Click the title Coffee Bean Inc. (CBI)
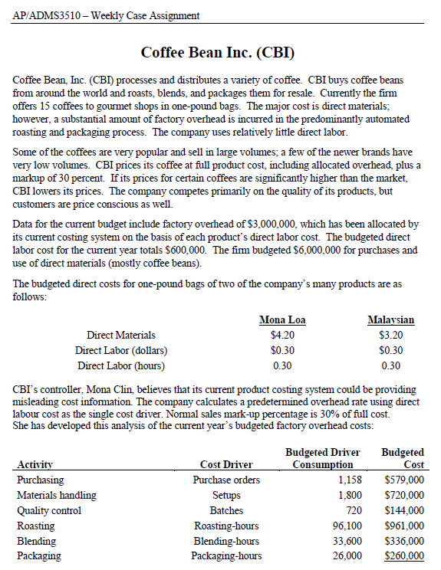(x=219, y=53)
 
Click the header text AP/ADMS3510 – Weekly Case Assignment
(x=107, y=15)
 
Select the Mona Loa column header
(x=282, y=319)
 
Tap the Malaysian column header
(x=390, y=319)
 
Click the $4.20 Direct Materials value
(x=283, y=335)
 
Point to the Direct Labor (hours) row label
(x=121, y=365)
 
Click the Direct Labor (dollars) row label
(x=121, y=350)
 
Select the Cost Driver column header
(x=226, y=464)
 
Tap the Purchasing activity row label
(x=41, y=480)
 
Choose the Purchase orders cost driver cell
(x=226, y=480)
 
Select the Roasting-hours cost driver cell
(x=226, y=526)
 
